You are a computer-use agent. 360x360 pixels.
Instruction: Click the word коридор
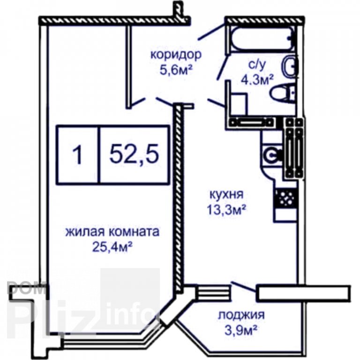point(176,55)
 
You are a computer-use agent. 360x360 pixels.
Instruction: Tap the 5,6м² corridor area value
point(176,70)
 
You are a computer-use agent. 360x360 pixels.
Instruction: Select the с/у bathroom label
point(257,65)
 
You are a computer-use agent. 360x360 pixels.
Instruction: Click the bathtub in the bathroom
point(262,38)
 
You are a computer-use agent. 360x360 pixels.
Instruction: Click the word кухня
point(226,195)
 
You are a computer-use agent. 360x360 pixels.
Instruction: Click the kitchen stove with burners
point(285,198)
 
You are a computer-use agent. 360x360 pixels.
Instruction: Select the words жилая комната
point(112,232)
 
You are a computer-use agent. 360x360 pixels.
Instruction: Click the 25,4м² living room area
point(112,247)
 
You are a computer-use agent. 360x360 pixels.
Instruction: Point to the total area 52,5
point(134,154)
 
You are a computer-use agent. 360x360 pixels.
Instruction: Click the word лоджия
point(241,315)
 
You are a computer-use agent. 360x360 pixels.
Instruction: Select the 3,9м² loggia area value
point(240,330)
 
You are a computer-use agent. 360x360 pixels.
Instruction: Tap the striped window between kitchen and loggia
point(213,291)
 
